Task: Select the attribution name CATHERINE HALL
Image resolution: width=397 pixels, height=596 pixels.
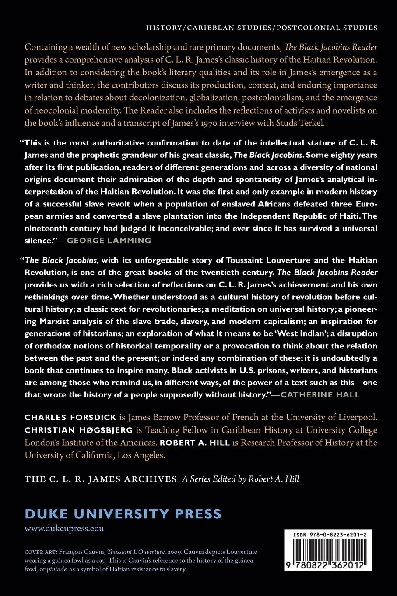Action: (x=320, y=394)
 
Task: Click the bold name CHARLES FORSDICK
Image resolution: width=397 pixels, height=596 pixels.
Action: (x=70, y=418)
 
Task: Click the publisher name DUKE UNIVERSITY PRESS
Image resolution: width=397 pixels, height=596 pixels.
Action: (x=123, y=513)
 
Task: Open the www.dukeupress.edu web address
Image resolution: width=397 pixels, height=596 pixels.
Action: (x=64, y=529)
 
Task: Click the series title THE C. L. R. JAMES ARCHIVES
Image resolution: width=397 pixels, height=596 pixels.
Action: (x=101, y=479)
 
